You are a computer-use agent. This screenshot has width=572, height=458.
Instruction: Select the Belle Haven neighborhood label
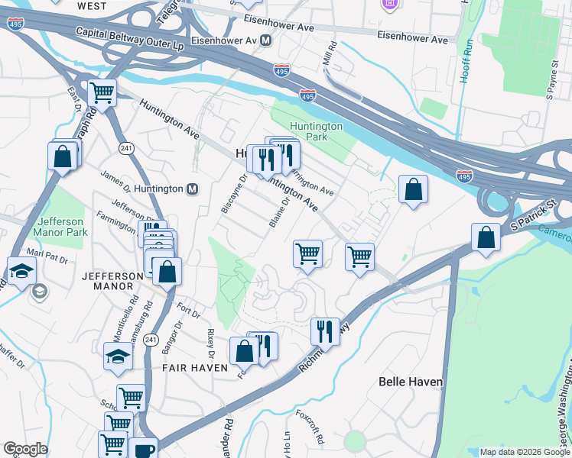coord(411,381)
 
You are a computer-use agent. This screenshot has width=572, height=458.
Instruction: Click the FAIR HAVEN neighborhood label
coord(194,368)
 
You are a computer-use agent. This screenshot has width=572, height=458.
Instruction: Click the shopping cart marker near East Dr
coord(101,93)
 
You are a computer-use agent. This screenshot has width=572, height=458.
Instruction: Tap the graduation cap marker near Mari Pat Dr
coord(21,269)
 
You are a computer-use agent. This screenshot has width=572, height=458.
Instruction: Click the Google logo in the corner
coord(25,449)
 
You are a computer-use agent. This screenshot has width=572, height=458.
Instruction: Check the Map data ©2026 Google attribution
coord(525,452)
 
